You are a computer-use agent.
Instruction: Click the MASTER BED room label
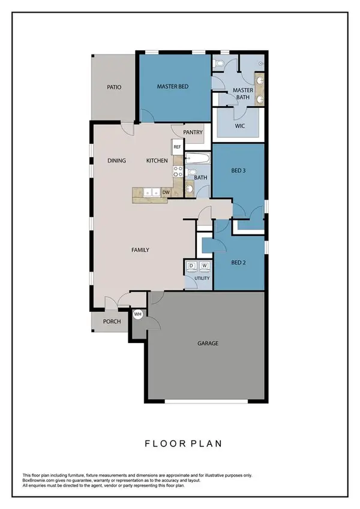(x=173, y=87)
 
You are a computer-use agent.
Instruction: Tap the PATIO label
(x=114, y=87)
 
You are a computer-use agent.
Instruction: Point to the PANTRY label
(x=193, y=133)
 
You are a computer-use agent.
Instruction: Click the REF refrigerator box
(x=177, y=146)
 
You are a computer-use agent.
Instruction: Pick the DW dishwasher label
(x=166, y=192)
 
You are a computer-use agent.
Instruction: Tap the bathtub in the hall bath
(x=197, y=159)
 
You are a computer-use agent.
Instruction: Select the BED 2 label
(x=239, y=261)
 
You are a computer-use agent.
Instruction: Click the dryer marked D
(x=192, y=266)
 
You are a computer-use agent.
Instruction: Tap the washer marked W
(x=204, y=266)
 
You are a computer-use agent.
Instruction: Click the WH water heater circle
(x=137, y=314)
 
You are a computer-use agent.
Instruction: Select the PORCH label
(x=112, y=321)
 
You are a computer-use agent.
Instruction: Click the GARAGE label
(x=207, y=344)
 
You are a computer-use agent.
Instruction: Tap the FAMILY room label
(x=140, y=250)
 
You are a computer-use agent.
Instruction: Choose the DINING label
(x=116, y=161)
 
